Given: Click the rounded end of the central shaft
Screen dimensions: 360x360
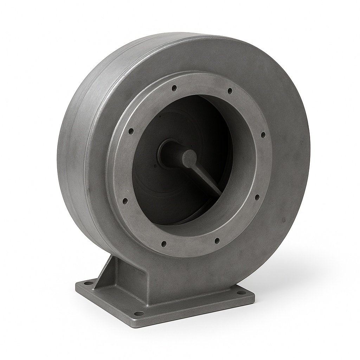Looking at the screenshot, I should click(x=189, y=157).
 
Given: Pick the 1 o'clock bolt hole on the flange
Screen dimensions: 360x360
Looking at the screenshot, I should click(x=230, y=91).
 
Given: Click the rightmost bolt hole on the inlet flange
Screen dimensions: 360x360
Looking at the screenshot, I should click(x=263, y=134).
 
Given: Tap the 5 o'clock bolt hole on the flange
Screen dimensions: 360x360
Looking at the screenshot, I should click(x=217, y=240).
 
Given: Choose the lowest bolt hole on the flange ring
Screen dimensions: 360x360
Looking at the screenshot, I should click(x=164, y=243).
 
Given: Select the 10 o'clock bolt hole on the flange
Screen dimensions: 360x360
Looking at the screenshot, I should click(x=131, y=131).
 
